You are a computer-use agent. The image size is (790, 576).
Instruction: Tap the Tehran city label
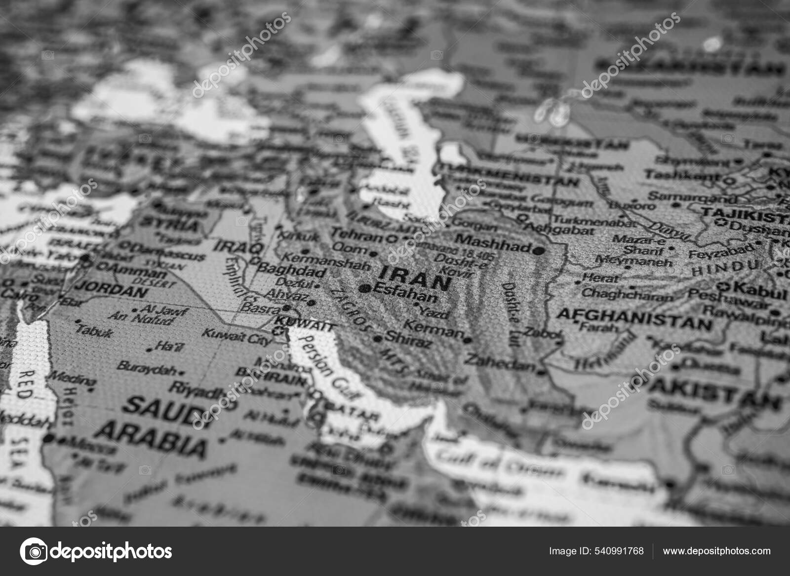pos(357,235)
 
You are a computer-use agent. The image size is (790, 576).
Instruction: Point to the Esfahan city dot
pos(366,288)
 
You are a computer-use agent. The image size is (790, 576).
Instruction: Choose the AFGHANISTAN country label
pos(635,318)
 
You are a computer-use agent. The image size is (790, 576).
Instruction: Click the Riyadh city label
pos(195,390)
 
